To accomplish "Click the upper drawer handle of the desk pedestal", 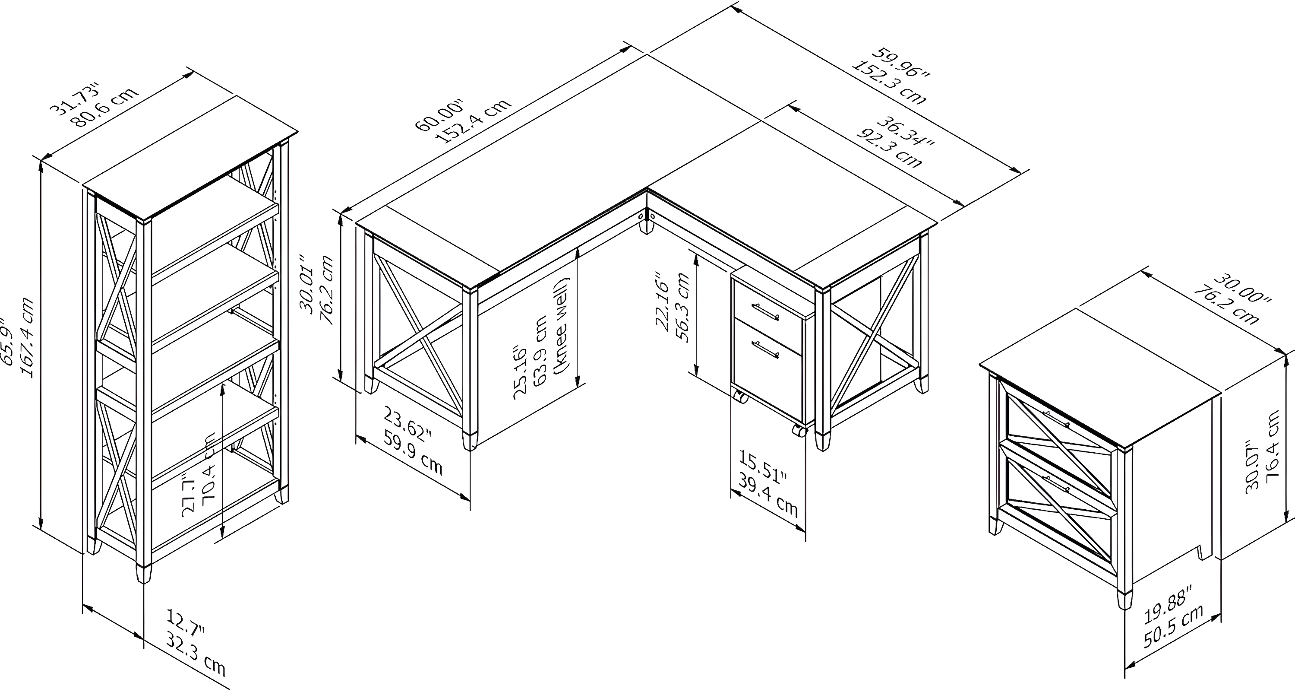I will [765, 311].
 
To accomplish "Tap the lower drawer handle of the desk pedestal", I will [765, 349].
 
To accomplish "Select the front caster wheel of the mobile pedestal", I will [798, 431].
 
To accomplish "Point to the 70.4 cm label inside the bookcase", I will [208, 472].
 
